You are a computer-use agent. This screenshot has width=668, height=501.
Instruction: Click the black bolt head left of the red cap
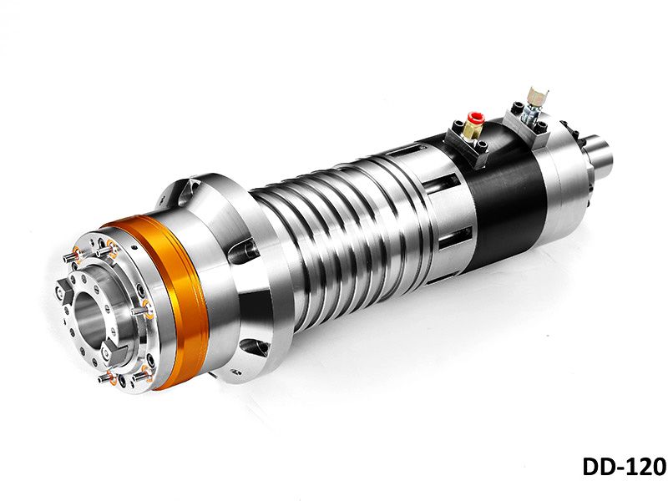coord(456,126)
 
